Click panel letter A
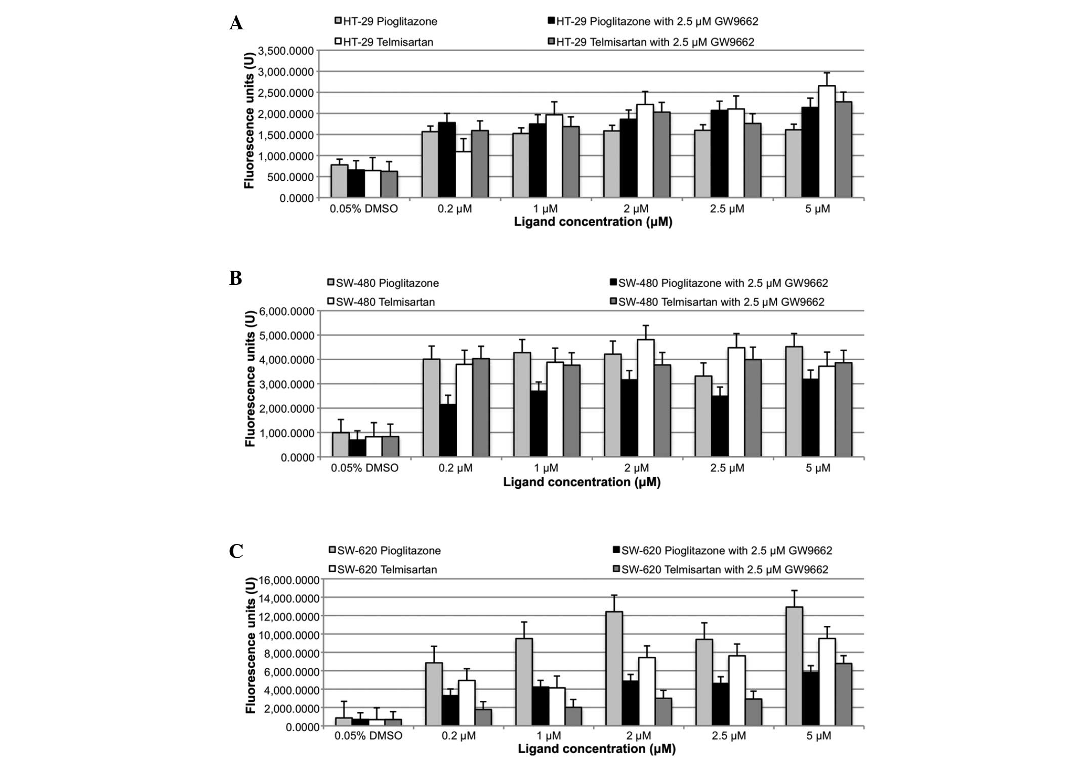[x=236, y=23]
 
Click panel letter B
[x=235, y=278]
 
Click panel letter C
[x=236, y=551]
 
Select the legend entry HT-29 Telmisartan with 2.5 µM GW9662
[x=655, y=42]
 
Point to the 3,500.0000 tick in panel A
[x=286, y=51]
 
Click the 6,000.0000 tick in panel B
[x=286, y=311]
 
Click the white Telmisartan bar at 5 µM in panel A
[x=827, y=142]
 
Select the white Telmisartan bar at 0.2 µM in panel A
[x=463, y=175]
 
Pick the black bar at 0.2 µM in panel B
[x=448, y=430]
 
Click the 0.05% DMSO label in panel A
[x=364, y=208]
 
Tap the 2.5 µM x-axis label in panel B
[x=727, y=468]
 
